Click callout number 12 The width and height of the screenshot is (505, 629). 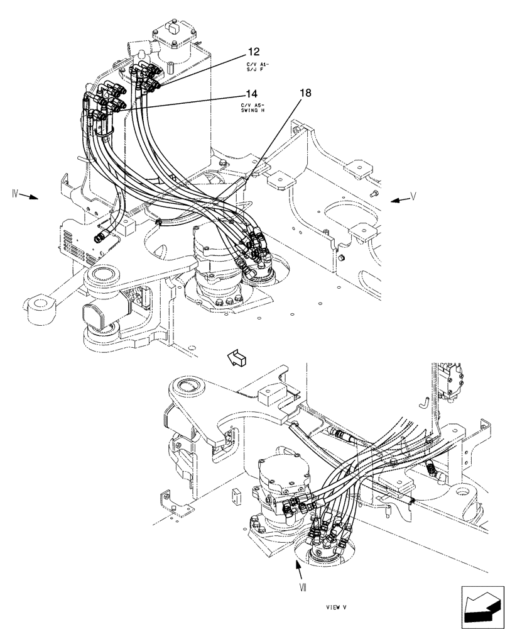pyautogui.click(x=253, y=52)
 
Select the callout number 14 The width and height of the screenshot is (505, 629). pyautogui.click(x=251, y=94)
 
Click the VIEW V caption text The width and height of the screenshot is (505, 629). pyautogui.click(x=337, y=608)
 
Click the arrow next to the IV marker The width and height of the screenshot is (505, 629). pyautogui.click(x=29, y=197)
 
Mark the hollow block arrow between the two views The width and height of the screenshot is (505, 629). pyautogui.click(x=239, y=359)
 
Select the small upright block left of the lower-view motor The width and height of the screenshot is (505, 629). pyautogui.click(x=235, y=497)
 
